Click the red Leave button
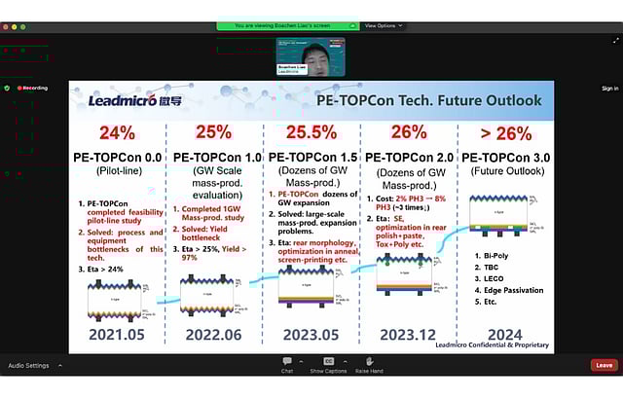click(604, 365)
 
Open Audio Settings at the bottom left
click(28, 366)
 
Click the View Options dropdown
click(383, 25)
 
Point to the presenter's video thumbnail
click(310, 56)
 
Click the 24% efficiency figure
click(115, 133)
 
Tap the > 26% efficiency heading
click(504, 133)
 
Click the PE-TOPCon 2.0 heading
click(408, 157)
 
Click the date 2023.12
click(408, 335)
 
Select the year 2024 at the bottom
click(503, 335)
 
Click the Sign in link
click(609, 88)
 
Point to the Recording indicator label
click(34, 88)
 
